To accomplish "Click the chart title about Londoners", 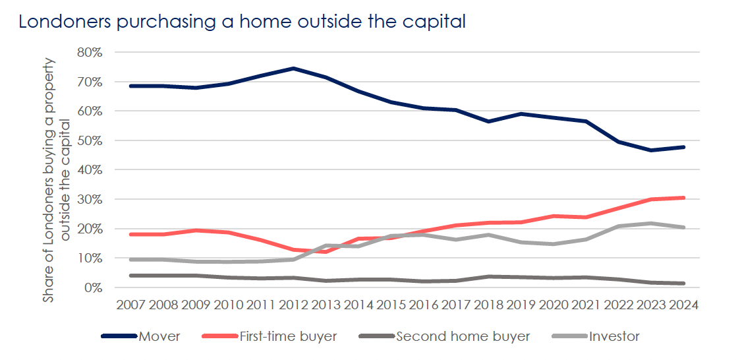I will (x=242, y=21).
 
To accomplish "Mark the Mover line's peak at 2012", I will (x=293, y=69).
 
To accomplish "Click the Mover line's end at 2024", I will (x=683, y=147).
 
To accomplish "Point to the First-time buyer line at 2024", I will (x=683, y=198).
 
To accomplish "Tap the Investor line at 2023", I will (x=651, y=224).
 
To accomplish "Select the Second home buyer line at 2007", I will (x=130, y=276).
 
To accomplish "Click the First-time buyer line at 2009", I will (x=195, y=230).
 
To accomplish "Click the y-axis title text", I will (x=57, y=179).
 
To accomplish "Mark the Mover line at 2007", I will (x=130, y=86).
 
